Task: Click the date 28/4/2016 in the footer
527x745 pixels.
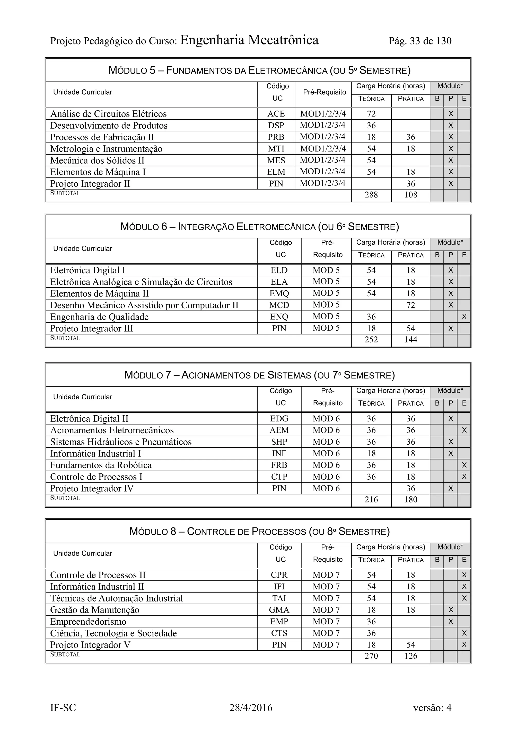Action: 251,707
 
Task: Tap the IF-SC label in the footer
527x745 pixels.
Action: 63,707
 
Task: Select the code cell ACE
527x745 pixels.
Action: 276,114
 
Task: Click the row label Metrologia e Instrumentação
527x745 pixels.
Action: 106,149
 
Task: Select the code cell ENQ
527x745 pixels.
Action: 279,317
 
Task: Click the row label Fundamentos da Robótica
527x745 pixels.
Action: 101,465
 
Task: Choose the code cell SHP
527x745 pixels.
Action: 279,442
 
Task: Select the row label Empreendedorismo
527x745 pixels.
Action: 88,622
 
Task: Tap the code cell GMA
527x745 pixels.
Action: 279,610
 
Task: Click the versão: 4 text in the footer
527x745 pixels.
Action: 432,707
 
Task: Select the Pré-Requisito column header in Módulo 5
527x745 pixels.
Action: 324,92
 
